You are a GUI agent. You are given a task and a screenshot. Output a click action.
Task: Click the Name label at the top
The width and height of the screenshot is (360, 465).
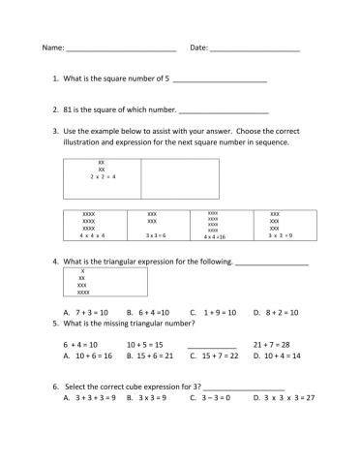point(51,47)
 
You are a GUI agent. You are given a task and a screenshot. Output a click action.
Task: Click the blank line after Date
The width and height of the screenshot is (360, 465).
point(255,48)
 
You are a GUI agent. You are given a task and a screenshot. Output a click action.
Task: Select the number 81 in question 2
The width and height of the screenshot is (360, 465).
point(69,110)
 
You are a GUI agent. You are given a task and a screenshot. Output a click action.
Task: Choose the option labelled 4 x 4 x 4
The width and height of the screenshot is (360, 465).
point(93,235)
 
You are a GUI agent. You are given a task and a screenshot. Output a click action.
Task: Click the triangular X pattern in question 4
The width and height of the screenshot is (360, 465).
point(82,281)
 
